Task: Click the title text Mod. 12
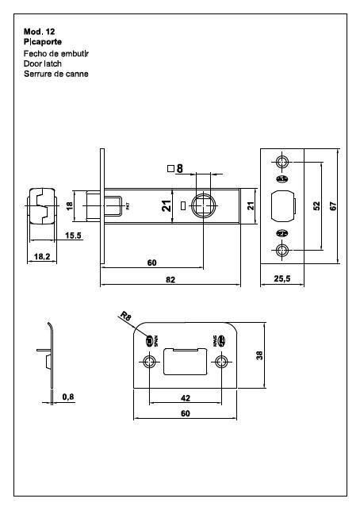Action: tap(39, 30)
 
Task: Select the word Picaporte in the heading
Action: tap(43, 40)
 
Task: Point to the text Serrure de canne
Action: tap(56, 73)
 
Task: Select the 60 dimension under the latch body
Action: tap(151, 263)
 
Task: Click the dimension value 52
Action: tap(316, 205)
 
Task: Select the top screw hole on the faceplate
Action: tap(284, 161)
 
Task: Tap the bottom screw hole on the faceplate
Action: tap(284, 251)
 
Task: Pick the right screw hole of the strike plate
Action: tap(220, 362)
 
